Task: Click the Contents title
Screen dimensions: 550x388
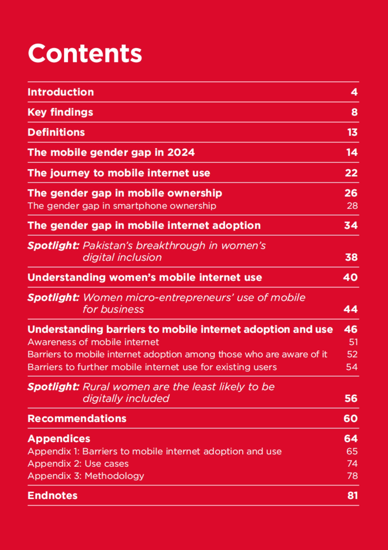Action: click(85, 53)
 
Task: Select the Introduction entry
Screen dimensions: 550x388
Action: click(61, 92)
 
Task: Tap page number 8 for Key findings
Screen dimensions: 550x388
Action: click(354, 112)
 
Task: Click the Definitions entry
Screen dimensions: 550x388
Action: click(56, 132)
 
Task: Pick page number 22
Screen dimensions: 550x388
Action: click(351, 173)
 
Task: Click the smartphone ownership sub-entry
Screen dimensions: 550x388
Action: click(122, 206)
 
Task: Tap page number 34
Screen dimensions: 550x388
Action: click(351, 225)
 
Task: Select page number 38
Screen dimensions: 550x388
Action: click(351, 257)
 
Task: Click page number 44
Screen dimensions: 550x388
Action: click(351, 309)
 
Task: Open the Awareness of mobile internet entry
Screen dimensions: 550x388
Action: click(93, 342)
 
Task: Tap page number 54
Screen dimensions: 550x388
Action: click(352, 367)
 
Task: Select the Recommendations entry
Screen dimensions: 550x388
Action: click(77, 418)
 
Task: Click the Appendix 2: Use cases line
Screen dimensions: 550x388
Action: click(78, 464)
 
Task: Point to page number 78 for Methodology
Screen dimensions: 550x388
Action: click(352, 476)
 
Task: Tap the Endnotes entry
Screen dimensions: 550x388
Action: click(52, 496)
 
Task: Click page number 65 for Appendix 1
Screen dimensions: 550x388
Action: click(352, 451)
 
